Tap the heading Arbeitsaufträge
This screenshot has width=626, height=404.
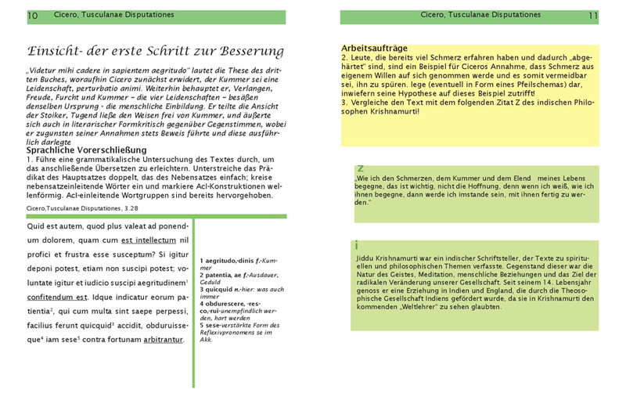[x=373, y=48]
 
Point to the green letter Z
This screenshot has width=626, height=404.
[x=360, y=168]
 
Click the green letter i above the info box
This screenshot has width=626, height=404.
[x=357, y=246]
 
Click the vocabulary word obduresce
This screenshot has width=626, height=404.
[x=227, y=304]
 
